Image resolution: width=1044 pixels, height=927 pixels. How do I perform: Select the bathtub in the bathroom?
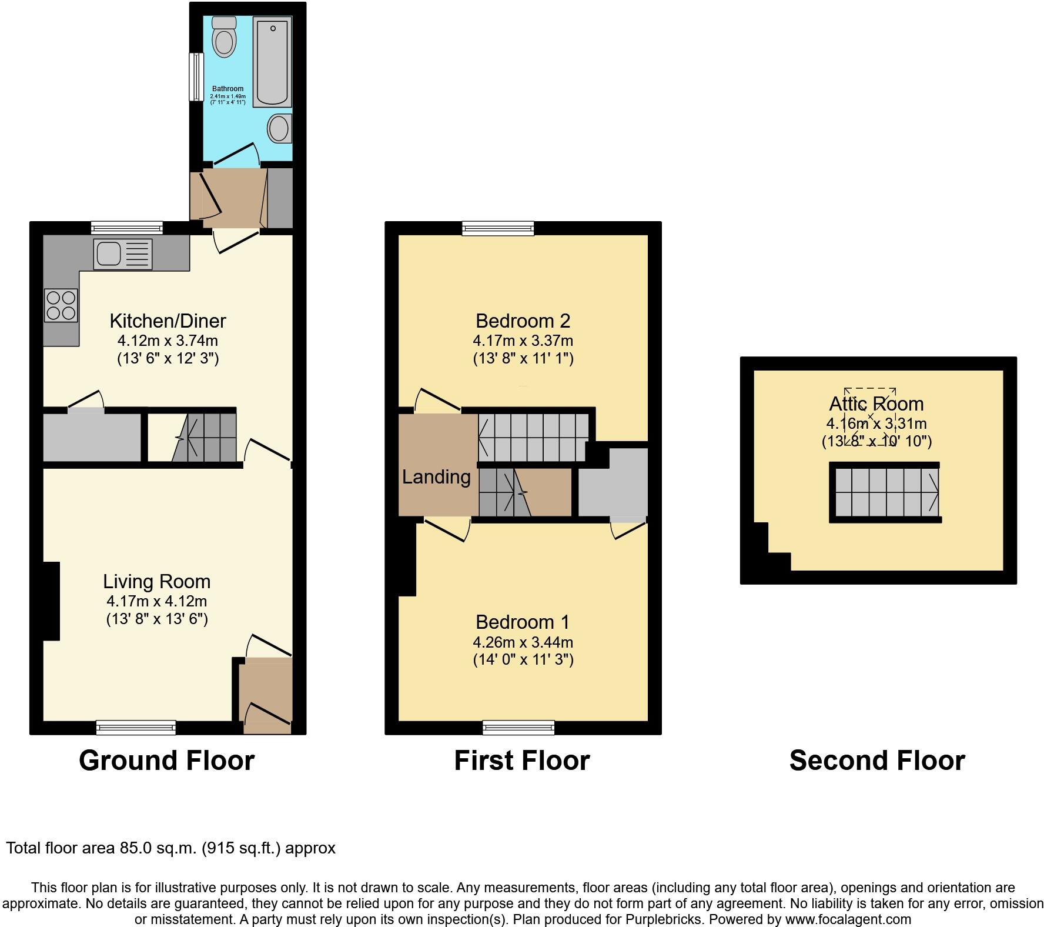click(272, 62)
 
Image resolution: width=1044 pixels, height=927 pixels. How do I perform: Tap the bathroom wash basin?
click(280, 128)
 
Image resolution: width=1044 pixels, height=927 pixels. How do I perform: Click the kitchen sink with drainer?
click(122, 254)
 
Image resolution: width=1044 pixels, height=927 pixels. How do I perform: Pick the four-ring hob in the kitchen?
click(61, 305)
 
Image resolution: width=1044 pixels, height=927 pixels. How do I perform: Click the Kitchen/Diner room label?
click(168, 321)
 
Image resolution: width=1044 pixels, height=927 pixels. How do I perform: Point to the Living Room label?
click(156, 582)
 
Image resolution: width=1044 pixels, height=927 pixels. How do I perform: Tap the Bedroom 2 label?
click(523, 321)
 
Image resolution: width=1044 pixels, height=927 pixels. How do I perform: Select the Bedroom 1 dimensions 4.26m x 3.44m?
click(523, 642)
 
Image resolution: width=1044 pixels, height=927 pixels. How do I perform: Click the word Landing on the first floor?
click(436, 477)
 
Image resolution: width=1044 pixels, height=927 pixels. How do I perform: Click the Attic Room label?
click(876, 404)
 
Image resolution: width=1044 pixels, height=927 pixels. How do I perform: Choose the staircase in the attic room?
click(885, 492)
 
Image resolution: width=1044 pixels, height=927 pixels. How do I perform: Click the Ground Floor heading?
click(166, 761)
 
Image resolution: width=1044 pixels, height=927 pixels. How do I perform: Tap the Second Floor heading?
click(876, 761)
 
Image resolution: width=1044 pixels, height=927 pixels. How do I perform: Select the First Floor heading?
click(521, 761)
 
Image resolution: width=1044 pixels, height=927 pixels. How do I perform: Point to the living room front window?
click(136, 728)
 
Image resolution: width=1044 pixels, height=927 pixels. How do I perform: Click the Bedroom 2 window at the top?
click(498, 228)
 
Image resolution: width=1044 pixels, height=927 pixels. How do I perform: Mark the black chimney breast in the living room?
click(51, 601)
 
